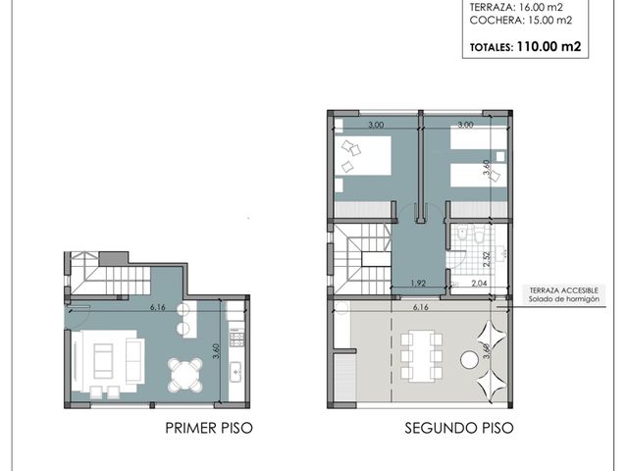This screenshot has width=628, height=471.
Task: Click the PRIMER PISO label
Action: point(209,428)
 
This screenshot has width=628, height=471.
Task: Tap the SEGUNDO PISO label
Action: point(459,428)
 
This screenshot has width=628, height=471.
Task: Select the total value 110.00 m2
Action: point(549,46)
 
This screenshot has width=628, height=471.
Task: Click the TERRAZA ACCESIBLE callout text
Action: point(564,290)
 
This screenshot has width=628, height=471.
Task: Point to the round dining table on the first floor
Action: point(185,375)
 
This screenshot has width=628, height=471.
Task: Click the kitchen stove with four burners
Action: point(236,337)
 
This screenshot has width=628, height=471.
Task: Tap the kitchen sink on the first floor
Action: point(235,372)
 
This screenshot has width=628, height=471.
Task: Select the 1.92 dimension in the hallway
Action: point(418,284)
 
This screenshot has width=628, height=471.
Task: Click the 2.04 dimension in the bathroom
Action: point(479,284)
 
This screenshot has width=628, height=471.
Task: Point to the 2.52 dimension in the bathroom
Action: point(487,259)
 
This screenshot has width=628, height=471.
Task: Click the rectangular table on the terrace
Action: point(422,356)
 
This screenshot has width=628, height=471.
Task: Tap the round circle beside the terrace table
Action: point(470,359)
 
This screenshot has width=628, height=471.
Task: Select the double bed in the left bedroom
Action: point(363,155)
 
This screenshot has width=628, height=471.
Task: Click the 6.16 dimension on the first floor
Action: point(158,307)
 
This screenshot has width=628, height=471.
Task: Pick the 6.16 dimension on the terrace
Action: point(421,307)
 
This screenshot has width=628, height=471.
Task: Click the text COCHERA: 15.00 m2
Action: point(521,20)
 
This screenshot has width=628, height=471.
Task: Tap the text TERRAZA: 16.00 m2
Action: point(516,7)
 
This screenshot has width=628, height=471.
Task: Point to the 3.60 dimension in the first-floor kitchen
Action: point(216,351)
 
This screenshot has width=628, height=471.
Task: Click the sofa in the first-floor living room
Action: point(103,361)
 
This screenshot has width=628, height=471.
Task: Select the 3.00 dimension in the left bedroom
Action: point(376,125)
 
